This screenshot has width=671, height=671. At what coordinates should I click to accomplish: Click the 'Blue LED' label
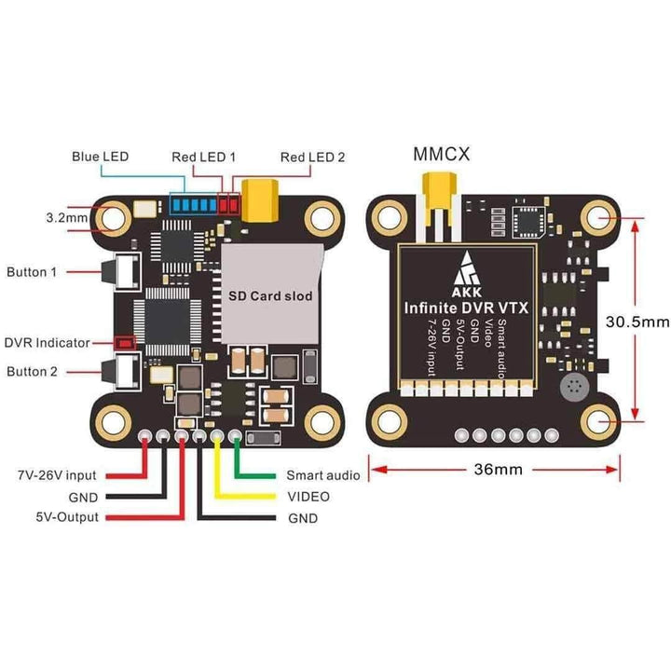click(100, 156)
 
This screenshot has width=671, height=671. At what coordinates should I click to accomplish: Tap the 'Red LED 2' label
click(312, 157)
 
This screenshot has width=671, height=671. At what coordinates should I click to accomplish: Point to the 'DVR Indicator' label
click(47, 342)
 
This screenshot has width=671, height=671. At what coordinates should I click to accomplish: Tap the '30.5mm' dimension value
click(637, 321)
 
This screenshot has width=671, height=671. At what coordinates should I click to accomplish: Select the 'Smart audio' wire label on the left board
click(322, 475)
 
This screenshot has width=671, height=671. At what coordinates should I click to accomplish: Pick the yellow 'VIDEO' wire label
click(308, 496)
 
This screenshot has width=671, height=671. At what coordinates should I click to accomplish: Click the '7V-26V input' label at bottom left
click(57, 475)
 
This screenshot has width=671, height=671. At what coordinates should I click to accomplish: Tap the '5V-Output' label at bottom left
click(68, 517)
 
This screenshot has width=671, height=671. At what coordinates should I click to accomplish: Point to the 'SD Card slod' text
click(270, 294)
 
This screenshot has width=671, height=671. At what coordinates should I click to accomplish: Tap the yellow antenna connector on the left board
click(260, 198)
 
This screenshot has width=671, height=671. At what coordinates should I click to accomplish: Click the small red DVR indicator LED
click(127, 343)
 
